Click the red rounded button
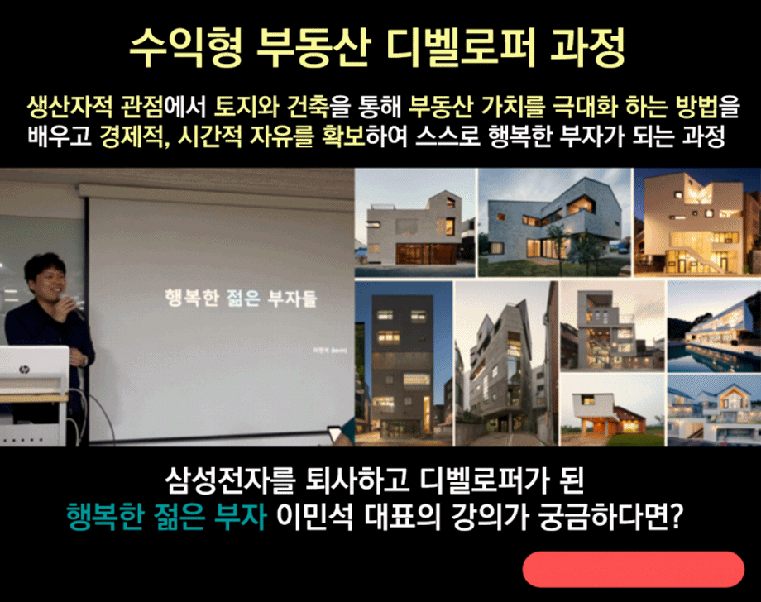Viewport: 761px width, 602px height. coord(633,569)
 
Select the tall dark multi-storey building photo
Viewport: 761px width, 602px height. coord(403,363)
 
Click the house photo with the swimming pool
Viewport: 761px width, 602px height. coord(713,327)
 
